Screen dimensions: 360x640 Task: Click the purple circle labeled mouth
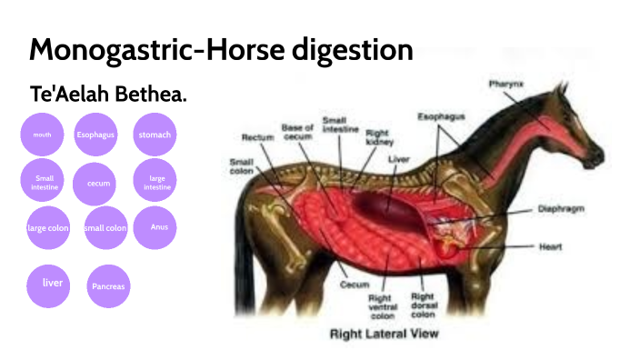pyautogui.click(x=42, y=135)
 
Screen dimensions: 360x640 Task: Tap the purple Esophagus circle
pyautogui.click(x=95, y=135)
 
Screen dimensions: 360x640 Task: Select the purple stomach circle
pyautogui.click(x=155, y=135)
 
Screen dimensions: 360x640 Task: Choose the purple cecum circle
pyautogui.click(x=98, y=184)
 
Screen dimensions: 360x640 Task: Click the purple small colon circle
pyautogui.click(x=105, y=228)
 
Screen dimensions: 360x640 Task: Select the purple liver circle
pyautogui.click(x=53, y=283)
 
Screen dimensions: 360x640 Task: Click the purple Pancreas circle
pyautogui.click(x=108, y=286)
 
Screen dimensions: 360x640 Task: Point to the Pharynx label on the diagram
pyautogui.click(x=505, y=85)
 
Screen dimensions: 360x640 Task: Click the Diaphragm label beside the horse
pyautogui.click(x=559, y=208)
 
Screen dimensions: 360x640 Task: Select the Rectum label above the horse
pyautogui.click(x=257, y=137)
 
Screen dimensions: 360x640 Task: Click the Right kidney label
pyautogui.click(x=378, y=137)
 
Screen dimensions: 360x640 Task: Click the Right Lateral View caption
pyautogui.click(x=384, y=334)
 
